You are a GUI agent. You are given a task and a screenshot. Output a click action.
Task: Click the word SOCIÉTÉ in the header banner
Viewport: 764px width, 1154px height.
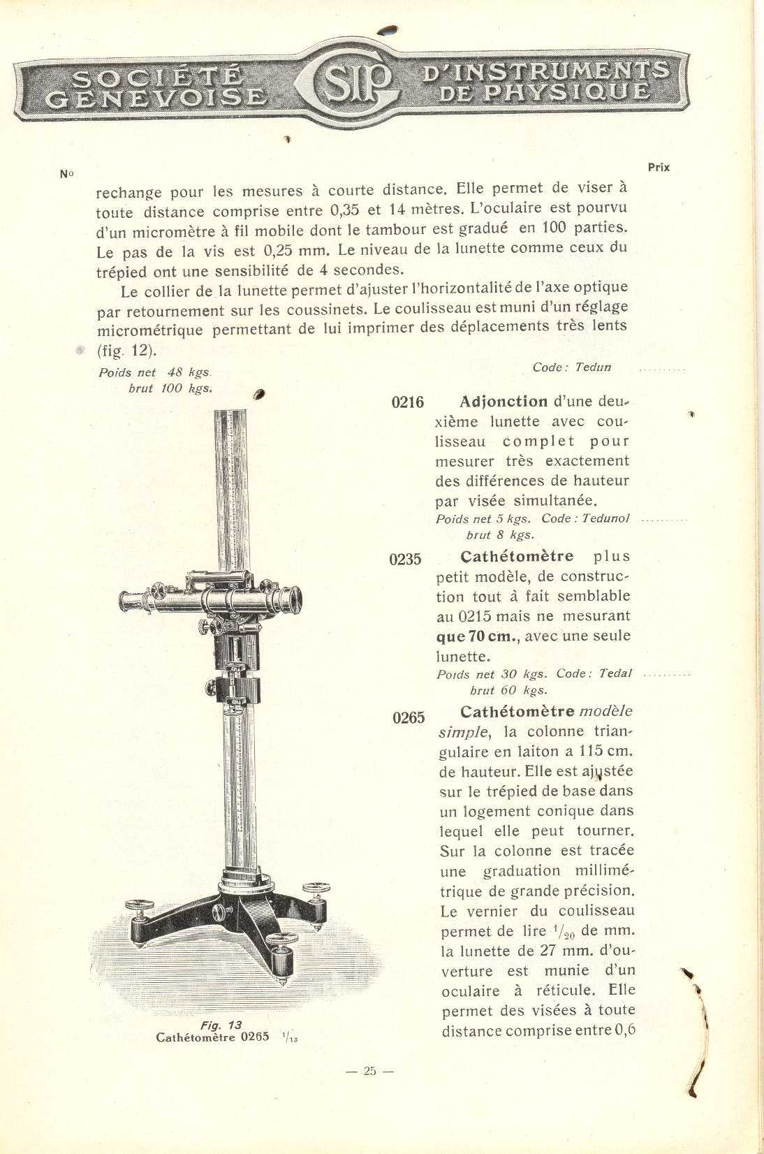(158, 76)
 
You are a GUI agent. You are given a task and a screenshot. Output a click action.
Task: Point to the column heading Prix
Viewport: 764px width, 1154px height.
(659, 168)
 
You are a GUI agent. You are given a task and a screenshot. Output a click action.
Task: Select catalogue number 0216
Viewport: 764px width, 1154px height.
(408, 402)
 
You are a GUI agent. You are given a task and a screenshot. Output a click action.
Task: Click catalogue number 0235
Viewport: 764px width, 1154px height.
(406, 560)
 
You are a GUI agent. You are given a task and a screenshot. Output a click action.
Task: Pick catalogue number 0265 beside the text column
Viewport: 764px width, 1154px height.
(409, 718)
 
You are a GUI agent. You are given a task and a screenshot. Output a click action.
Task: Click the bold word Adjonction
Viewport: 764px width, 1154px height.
(504, 402)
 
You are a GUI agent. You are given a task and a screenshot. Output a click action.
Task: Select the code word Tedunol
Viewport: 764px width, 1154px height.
(605, 518)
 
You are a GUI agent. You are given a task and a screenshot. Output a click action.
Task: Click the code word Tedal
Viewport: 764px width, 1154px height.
(615, 673)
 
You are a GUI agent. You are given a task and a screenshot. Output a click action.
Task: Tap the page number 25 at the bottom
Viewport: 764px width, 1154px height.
(369, 1071)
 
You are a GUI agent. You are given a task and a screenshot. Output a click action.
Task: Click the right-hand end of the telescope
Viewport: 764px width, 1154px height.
(293, 598)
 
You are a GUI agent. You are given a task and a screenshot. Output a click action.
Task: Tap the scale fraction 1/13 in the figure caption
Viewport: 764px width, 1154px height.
(290, 1038)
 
